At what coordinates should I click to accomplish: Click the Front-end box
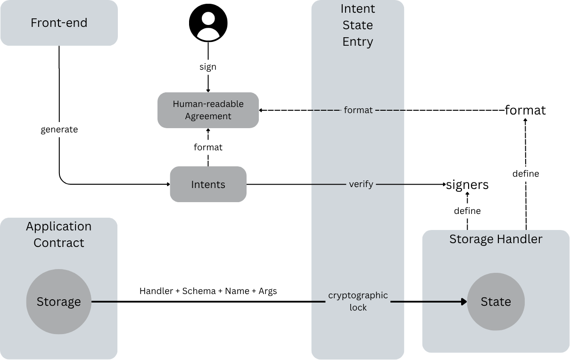pyautogui.click(x=59, y=23)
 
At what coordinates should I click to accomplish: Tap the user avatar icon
pyautogui.click(x=208, y=23)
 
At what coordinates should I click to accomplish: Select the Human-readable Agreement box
pyautogui.click(x=208, y=110)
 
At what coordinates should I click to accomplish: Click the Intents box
pyautogui.click(x=208, y=184)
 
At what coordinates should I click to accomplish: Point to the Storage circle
pyautogui.click(x=59, y=302)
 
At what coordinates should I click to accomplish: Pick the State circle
pyautogui.click(x=496, y=302)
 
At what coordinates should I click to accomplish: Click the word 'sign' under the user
pyautogui.click(x=208, y=67)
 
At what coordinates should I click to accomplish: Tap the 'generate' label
pyautogui.click(x=59, y=130)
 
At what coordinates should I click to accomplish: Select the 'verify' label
pyautogui.click(x=361, y=184)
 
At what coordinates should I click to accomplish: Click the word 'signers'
pyautogui.click(x=467, y=185)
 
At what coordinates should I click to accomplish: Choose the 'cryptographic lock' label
pyautogui.click(x=358, y=302)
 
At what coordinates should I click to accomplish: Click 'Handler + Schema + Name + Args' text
pyautogui.click(x=208, y=291)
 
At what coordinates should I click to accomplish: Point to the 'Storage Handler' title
pyautogui.click(x=496, y=239)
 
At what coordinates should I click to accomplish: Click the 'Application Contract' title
pyautogui.click(x=59, y=234)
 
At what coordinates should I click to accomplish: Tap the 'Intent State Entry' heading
pyautogui.click(x=358, y=25)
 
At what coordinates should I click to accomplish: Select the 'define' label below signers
pyautogui.click(x=467, y=211)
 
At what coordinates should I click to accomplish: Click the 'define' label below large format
pyautogui.click(x=526, y=174)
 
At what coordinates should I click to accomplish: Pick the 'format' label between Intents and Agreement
pyautogui.click(x=208, y=147)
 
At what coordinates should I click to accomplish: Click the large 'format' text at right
pyautogui.click(x=525, y=110)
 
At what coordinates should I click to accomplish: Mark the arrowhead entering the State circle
pyautogui.click(x=464, y=302)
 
